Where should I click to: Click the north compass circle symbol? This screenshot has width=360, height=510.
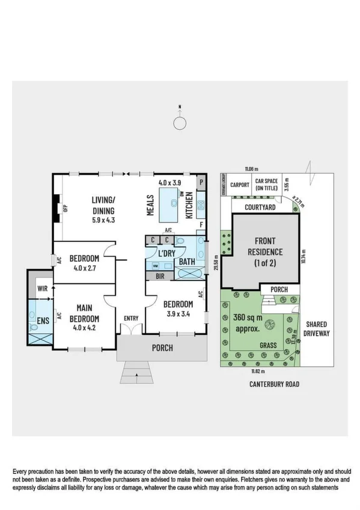(180, 123)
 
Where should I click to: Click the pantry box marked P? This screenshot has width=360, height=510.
(202, 182)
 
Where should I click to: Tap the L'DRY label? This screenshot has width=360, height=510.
(166, 254)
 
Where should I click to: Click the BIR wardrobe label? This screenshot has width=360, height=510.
(160, 277)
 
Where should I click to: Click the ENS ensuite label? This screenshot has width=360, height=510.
(43, 321)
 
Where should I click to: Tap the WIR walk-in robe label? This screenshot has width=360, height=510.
(42, 289)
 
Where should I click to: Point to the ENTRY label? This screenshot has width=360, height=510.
(131, 318)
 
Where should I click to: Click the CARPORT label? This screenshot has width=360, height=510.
(239, 185)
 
